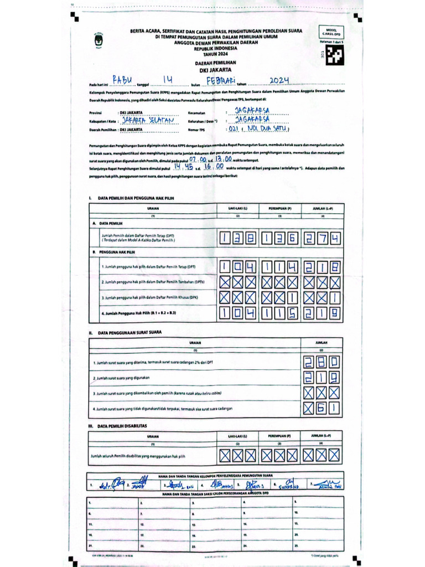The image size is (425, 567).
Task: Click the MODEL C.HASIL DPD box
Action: pos(331,33)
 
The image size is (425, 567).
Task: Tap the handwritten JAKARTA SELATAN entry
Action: pos(148,120)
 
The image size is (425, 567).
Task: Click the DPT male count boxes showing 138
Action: pos(238,239)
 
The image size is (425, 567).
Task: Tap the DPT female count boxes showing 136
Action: pos(279,239)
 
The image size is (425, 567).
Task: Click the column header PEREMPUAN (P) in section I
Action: pos(280,208)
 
